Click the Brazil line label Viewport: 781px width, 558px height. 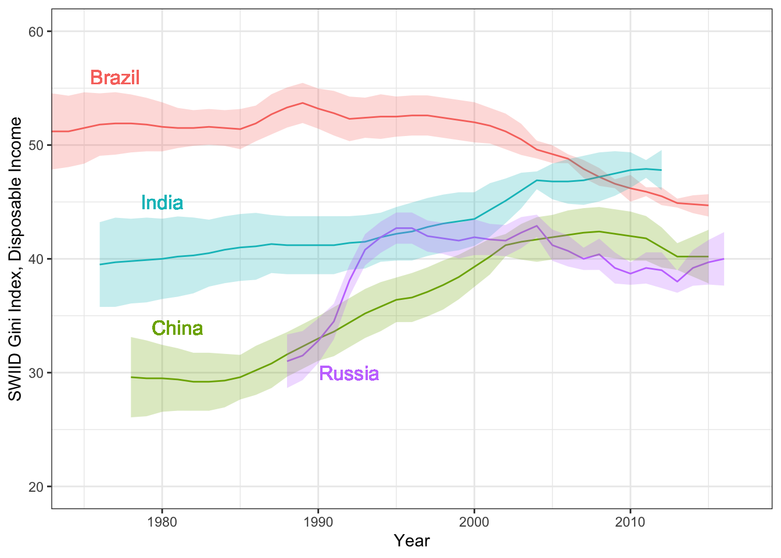tap(115, 77)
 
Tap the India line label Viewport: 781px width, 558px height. tap(162, 202)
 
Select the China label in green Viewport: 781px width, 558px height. tap(177, 328)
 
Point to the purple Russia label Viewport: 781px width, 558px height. tap(349, 373)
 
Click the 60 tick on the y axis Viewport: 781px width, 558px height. tap(36, 31)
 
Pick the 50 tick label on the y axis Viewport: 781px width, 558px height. tap(36, 145)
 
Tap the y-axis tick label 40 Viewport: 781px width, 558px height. tap(36, 259)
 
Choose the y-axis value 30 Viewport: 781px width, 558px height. tap(36, 373)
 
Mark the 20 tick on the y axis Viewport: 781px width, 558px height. tap(36, 487)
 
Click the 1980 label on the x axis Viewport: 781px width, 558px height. tap(162, 522)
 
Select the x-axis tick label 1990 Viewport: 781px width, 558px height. tap(318, 522)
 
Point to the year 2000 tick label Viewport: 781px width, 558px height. tap(474, 522)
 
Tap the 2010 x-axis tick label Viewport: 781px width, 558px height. tap(630, 522)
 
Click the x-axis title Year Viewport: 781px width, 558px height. tap(411, 541)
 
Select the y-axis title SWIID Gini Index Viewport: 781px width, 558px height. tap(16, 259)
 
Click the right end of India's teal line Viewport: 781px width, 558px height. tap(661, 170)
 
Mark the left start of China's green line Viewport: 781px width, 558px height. tap(131, 377)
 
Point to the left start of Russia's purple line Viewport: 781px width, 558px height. tap(287, 361)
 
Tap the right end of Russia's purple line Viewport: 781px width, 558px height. tap(723, 259)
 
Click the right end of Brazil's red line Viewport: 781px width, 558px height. tap(708, 205)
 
